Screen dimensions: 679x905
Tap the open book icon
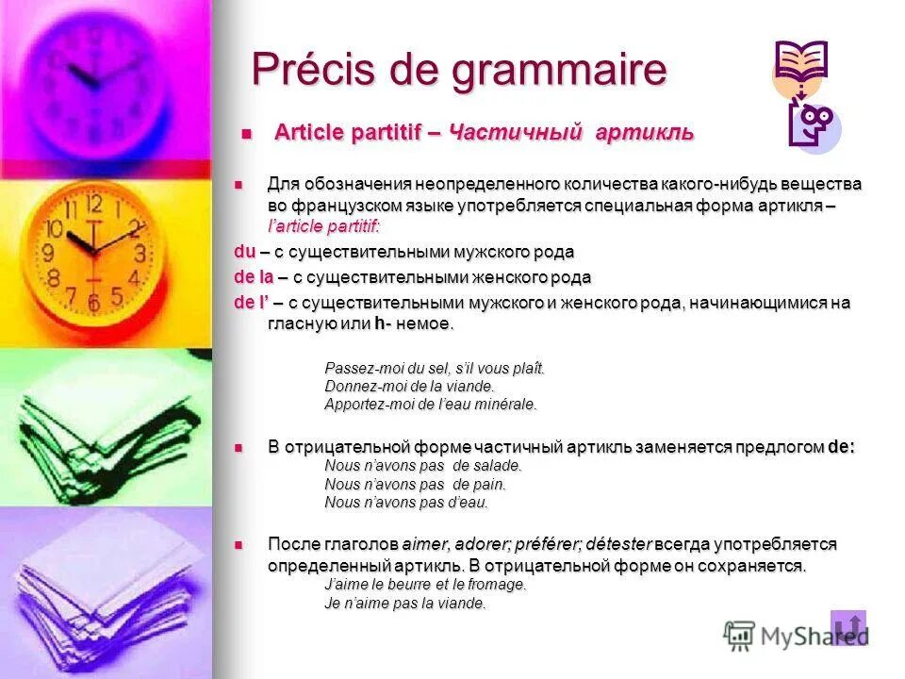coord(800,63)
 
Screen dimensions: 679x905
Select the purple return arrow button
coord(847,627)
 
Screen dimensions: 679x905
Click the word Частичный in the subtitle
coord(513,133)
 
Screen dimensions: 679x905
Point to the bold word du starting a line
coord(244,253)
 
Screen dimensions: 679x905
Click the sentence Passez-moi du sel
coord(435,369)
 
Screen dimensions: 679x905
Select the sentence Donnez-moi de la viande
coord(409,387)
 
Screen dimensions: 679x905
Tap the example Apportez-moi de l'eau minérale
coord(430,405)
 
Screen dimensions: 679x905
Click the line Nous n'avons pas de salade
coord(422,466)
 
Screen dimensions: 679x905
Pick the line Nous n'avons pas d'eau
coord(405,503)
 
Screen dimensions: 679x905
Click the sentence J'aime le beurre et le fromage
coord(424,585)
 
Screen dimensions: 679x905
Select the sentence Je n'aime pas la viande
coord(404,604)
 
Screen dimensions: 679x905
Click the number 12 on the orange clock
coord(93,203)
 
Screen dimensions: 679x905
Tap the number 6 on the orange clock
coord(93,303)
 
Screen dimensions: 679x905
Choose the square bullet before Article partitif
coord(247,134)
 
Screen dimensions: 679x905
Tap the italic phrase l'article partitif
coord(323,226)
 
